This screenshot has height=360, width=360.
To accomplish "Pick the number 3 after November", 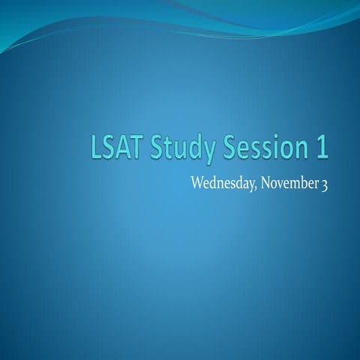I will [324, 184].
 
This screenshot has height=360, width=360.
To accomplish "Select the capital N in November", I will [267, 183].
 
